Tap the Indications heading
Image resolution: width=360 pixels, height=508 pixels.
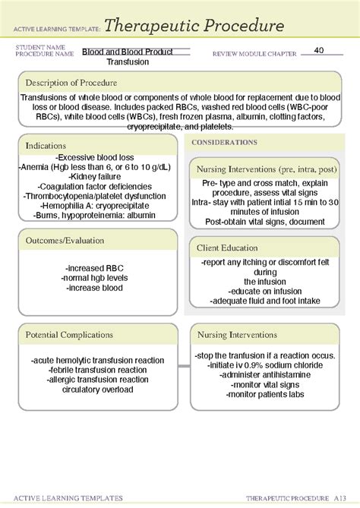(46, 145)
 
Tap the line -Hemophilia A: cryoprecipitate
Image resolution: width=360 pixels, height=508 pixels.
(90, 205)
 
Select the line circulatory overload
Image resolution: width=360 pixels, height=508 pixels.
(92, 390)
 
